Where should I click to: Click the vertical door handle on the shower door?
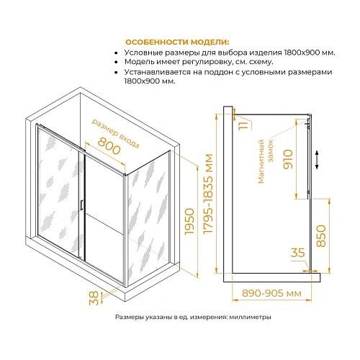84,204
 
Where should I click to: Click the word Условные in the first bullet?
143,53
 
